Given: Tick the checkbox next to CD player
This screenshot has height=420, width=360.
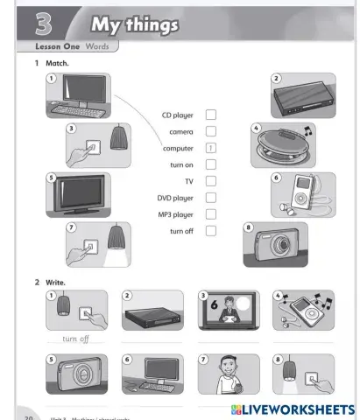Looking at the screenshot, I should point(210,115).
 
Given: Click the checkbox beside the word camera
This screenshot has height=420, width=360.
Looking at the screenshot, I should point(210,131).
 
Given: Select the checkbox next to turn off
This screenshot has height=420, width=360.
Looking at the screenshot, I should point(210,231).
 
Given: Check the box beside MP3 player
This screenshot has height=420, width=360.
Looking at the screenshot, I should point(210,214).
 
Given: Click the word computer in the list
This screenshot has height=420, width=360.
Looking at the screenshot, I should point(178,148).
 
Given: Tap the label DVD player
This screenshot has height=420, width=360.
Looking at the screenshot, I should point(175,198).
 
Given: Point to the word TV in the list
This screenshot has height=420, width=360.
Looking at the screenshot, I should point(188,181).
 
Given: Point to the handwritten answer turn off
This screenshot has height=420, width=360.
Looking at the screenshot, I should point(76,339).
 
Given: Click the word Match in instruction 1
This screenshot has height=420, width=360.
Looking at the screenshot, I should point(57,64).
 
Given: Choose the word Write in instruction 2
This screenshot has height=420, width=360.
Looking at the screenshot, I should point(55,282).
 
